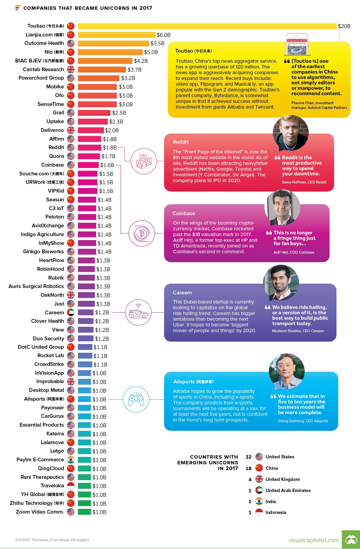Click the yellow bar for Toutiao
tap(207, 26)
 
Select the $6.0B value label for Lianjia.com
tap(164, 35)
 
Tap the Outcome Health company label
tap(44, 43)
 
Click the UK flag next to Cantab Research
tap(71, 69)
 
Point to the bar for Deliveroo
tap(91, 130)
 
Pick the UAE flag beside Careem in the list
tap(71, 313)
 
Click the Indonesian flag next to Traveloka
tap(71, 486)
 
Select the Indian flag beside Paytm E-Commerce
tap(71, 460)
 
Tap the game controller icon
tap(136, 399)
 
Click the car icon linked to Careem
tap(138, 313)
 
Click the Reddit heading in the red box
tap(181, 142)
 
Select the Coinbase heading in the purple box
tap(184, 213)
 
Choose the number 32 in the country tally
tap(248, 457)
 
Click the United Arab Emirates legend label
tap(288, 490)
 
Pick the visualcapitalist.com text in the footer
tap(313, 540)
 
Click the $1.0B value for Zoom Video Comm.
tap(99, 512)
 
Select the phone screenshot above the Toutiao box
tap(297, 44)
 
